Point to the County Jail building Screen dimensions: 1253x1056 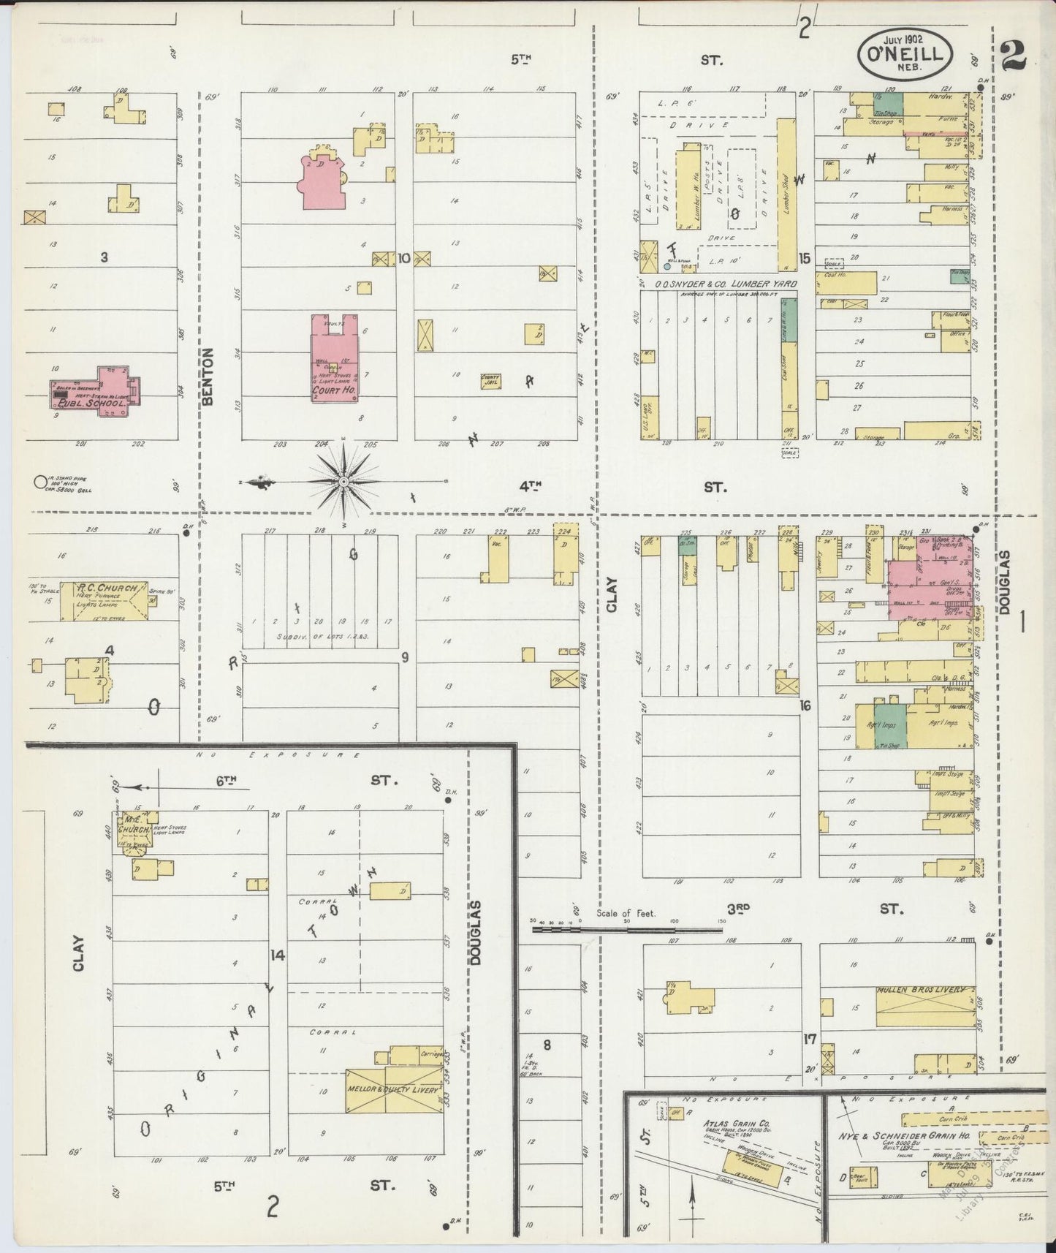(x=490, y=381)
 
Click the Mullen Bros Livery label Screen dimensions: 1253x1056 (x=924, y=991)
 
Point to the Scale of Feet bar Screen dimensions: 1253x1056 (x=627, y=931)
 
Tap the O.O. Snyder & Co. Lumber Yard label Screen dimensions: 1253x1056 (x=725, y=284)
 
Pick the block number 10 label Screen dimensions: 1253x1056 (x=403, y=258)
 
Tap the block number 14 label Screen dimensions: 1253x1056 (x=277, y=954)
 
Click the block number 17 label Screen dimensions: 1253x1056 (x=808, y=1038)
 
